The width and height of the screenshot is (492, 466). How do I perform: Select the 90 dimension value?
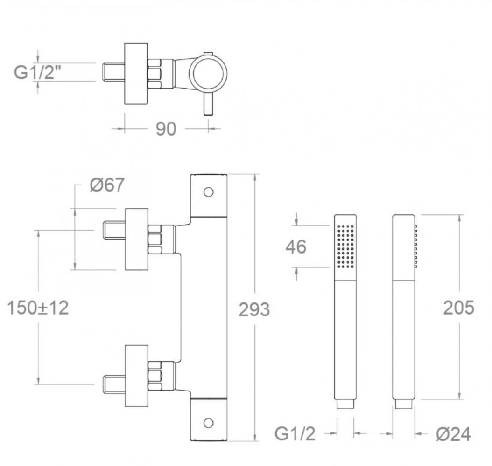tap(166, 129)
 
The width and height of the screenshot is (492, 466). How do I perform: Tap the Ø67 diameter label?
tap(107, 185)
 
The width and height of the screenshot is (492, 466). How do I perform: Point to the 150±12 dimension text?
tap(38, 308)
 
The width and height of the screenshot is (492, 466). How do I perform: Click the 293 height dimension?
tap(254, 309)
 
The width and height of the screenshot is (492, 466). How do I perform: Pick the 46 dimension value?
tap(296, 247)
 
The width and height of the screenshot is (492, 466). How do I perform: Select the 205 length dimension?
tap(458, 308)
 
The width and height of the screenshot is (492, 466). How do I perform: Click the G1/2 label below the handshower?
tap(295, 434)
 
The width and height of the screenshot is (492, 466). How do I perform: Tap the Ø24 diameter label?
tap(453, 434)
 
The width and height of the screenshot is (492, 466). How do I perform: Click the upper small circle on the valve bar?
tap(209, 192)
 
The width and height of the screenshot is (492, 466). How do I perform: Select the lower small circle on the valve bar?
tap(209, 423)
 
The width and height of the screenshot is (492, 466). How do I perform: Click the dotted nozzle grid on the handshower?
tap(345, 247)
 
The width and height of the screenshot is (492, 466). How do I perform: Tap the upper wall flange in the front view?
tap(136, 239)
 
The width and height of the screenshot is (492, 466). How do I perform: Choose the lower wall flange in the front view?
tap(136, 376)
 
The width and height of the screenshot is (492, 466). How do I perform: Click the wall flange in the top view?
tap(136, 74)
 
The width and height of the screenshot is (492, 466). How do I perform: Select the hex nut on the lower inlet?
tap(155, 376)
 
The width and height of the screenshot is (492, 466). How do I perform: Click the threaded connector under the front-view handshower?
tap(345, 404)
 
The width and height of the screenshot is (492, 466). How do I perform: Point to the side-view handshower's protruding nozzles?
tap(415, 247)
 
